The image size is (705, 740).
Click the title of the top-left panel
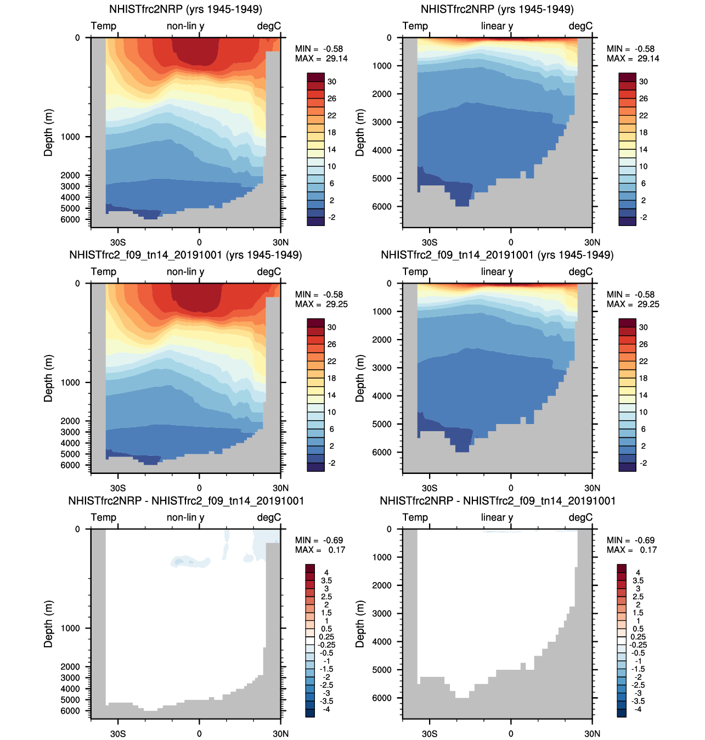point(185,9)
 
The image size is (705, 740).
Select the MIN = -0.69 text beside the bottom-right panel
point(630,540)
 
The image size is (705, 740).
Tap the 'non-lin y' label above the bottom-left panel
point(185,517)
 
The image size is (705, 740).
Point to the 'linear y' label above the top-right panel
point(497,26)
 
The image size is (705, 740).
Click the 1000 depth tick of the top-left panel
point(70,137)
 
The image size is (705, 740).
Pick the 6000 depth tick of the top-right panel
point(382,207)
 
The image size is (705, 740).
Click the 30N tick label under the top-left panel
point(280,242)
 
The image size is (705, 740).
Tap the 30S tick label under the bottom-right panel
point(430,734)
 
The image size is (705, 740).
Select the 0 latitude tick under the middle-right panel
point(511,488)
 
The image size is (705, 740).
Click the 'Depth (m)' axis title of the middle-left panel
point(49,379)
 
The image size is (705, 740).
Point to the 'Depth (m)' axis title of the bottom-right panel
point(360,624)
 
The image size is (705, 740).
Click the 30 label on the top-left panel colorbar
point(332,82)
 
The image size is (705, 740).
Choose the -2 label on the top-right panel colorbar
point(644,218)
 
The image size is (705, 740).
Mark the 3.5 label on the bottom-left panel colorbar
point(326,580)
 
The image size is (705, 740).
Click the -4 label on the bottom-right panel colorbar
point(638,709)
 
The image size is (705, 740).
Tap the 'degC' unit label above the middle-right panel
point(580,272)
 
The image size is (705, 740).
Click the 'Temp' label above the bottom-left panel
point(104,517)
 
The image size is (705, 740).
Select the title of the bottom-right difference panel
point(498,501)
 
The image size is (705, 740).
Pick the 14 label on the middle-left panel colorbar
point(332,396)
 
